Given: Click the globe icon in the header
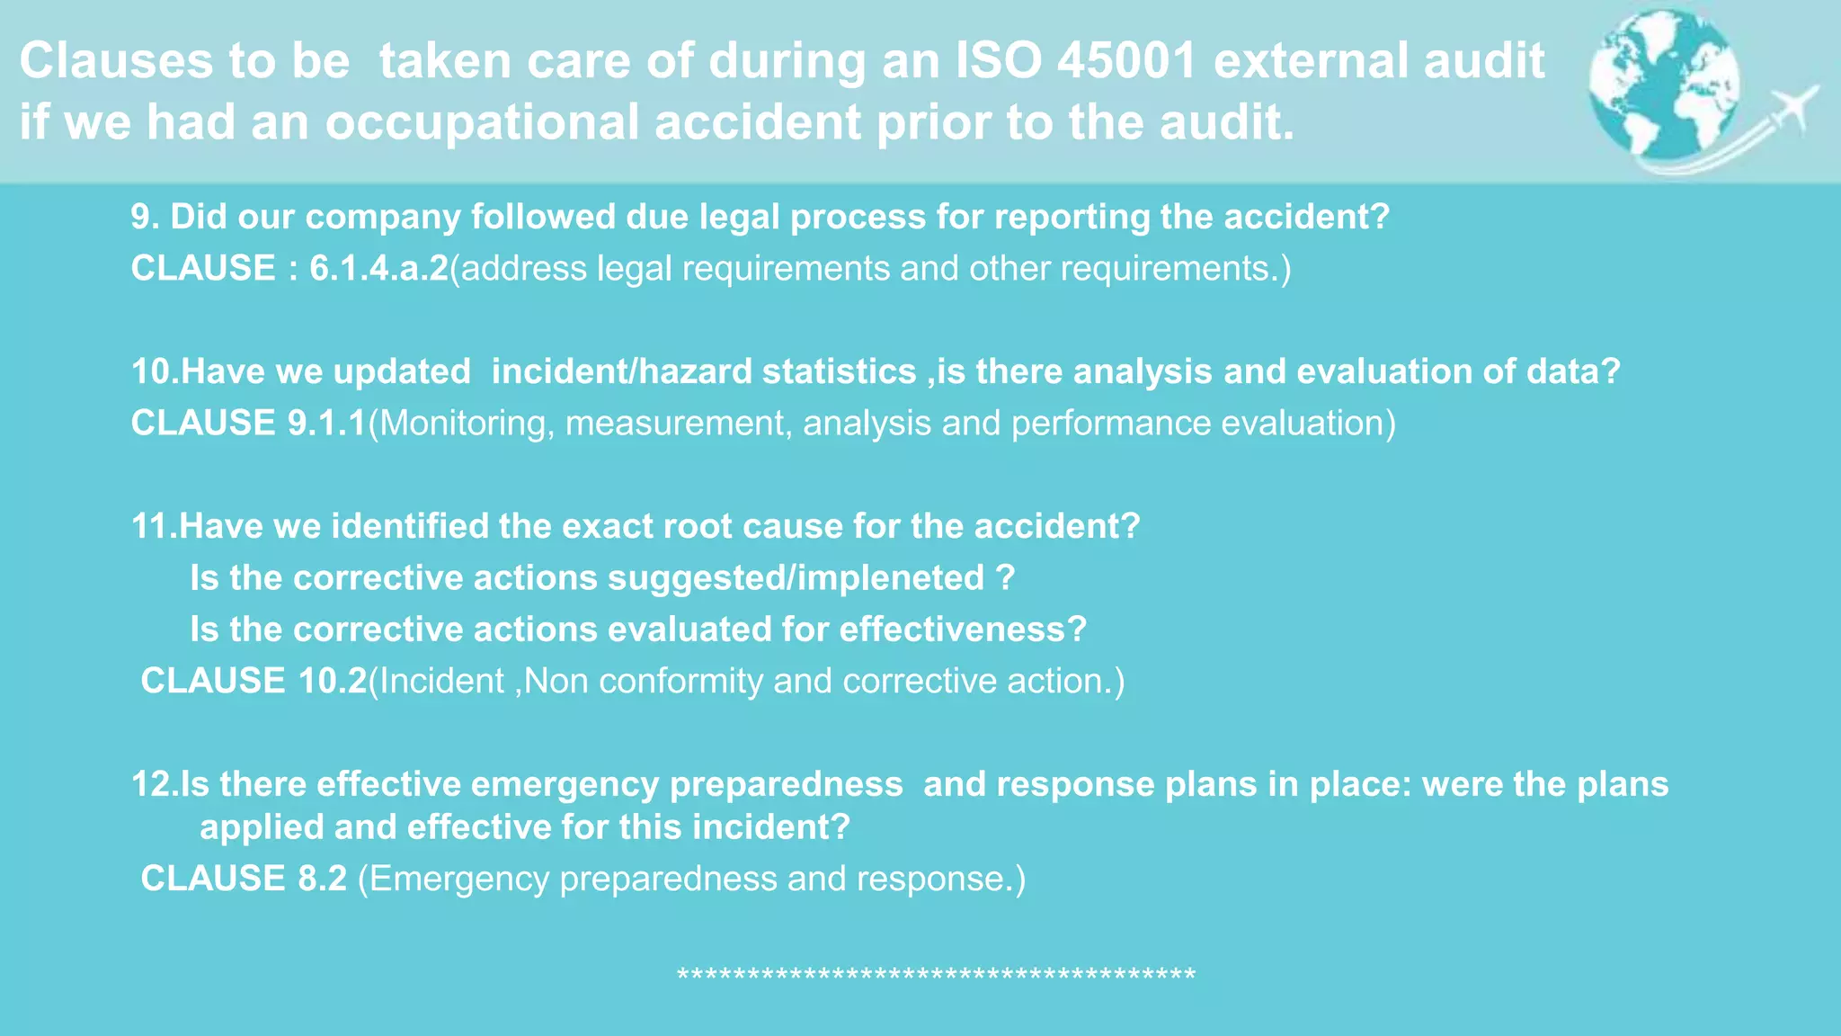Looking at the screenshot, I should coord(1663,85).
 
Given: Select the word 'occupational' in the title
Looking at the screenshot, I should coord(481,122).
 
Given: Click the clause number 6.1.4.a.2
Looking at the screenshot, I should coord(378,268).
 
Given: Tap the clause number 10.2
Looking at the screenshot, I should coord(333,681).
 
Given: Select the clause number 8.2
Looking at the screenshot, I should coord(322,879).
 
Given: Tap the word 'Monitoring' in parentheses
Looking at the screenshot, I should coord(462,424).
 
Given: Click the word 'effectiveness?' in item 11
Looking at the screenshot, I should coord(963,630).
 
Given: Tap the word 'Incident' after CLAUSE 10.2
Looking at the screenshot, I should coord(441,681).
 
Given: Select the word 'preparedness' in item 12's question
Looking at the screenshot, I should coord(786,784).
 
